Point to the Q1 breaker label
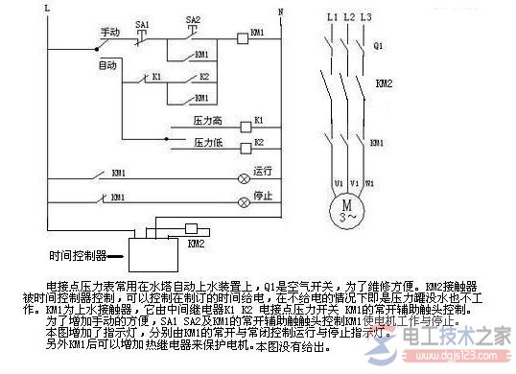tap(378, 45)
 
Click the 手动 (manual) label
tap(108, 34)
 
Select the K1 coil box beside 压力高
tap(258, 124)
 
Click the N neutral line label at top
tap(279, 11)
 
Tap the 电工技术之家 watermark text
tap(459, 337)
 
